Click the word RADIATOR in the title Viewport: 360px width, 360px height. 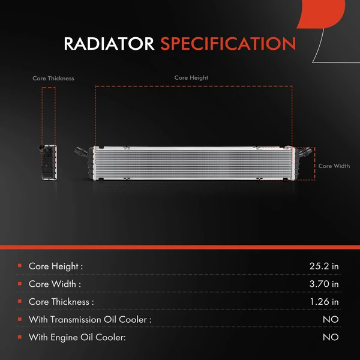[x=109, y=44]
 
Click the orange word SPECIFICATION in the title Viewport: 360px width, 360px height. [x=228, y=44]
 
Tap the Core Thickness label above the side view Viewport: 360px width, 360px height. [x=53, y=78]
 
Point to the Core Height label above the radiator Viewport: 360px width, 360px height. [x=191, y=78]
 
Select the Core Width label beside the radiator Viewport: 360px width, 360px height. [x=334, y=166]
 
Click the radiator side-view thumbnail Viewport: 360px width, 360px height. [x=48, y=162]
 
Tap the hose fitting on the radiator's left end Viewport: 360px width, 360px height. [x=81, y=152]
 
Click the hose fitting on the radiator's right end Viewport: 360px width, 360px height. [x=304, y=152]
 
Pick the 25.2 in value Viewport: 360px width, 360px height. [x=324, y=266]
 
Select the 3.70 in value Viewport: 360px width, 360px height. [x=324, y=284]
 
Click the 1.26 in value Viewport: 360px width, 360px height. [x=324, y=301]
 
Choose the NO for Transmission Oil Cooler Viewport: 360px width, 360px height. [x=331, y=319]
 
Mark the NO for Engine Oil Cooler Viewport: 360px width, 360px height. [x=331, y=337]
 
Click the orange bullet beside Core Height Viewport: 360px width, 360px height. [x=20, y=266]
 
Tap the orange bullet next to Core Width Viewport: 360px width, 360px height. [x=20, y=284]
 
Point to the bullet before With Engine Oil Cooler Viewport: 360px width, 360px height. [x=20, y=337]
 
